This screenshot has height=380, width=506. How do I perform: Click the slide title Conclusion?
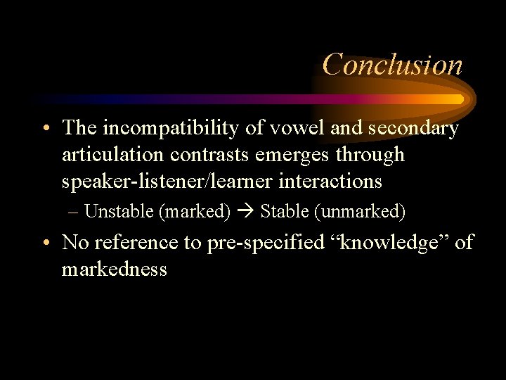(392, 65)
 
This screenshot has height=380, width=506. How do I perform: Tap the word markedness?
(114, 269)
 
